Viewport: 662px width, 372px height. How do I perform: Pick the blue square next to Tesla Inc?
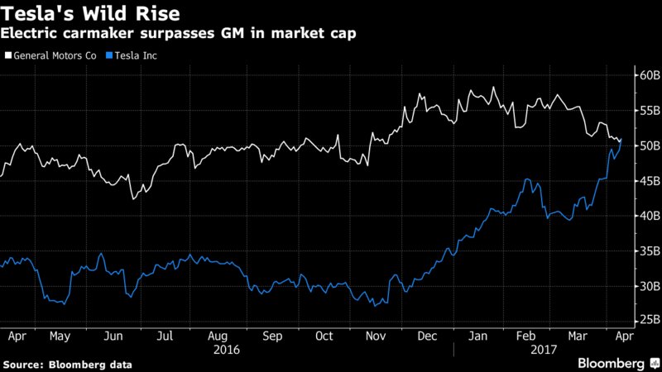click(108, 55)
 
